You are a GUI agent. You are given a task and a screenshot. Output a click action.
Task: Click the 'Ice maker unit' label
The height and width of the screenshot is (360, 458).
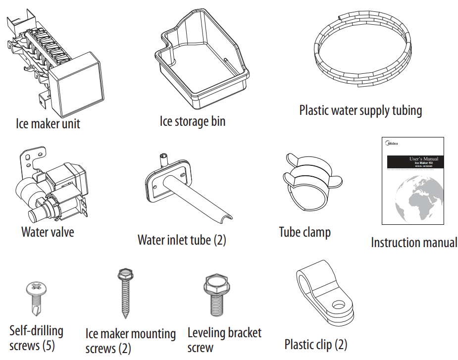click(48, 123)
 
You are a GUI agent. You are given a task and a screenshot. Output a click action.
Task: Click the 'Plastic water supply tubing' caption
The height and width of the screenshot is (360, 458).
click(360, 110)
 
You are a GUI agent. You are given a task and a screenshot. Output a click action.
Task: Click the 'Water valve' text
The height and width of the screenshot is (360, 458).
click(48, 232)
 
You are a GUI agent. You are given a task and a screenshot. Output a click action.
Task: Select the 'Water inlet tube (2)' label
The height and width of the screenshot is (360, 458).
click(181, 240)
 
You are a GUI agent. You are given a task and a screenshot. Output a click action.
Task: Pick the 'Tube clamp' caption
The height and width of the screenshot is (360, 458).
click(305, 232)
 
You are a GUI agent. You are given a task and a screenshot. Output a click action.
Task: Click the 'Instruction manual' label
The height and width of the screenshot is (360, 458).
click(414, 243)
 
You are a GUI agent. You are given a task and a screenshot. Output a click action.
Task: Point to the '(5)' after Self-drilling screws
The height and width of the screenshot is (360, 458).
click(49, 345)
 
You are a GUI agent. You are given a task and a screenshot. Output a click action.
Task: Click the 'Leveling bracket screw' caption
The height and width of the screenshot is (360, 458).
click(224, 340)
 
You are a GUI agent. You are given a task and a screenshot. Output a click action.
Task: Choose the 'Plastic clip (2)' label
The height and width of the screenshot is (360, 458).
click(316, 344)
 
